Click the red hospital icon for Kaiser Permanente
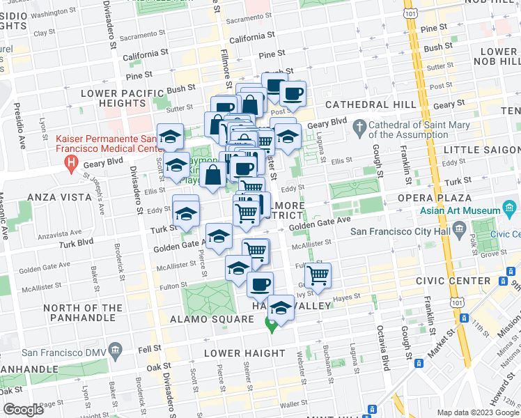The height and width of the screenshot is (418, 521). [x=70, y=164]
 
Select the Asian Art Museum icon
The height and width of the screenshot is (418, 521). [x=511, y=208]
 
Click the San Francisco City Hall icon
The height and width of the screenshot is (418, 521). [x=459, y=229]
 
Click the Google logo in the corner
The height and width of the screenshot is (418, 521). [x=23, y=410]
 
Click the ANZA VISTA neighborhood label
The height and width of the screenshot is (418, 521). [x=59, y=197]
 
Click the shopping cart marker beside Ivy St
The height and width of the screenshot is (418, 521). [x=318, y=274]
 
